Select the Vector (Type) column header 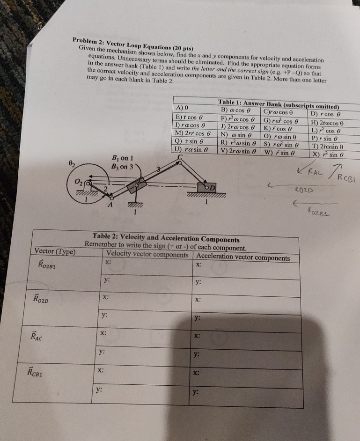(x=55, y=251)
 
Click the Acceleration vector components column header (x=243, y=257)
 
